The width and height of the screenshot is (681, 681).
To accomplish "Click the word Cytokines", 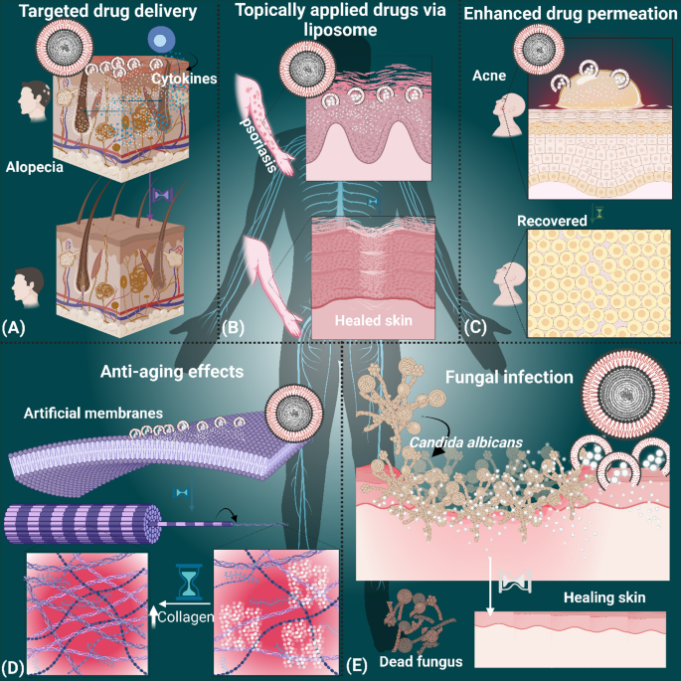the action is point(184,79).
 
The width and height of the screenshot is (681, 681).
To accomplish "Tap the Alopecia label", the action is point(35,167).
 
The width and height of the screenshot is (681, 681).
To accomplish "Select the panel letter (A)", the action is point(13,327).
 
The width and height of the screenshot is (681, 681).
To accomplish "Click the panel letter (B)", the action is point(234,327).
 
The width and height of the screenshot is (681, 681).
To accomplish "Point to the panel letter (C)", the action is point(475,327).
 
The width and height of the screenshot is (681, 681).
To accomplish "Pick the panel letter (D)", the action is point(13,667).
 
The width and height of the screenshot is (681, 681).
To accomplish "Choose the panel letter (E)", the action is point(357,665).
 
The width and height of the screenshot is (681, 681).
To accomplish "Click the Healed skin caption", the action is point(374,320).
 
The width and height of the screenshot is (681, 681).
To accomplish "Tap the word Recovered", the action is point(552,221).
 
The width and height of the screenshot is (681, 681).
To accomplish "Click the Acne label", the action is point(489,76).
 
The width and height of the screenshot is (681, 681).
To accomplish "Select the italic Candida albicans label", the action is point(466,442).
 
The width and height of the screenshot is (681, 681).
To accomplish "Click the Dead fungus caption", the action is point(421,661).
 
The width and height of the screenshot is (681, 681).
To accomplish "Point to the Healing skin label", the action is point(604,597).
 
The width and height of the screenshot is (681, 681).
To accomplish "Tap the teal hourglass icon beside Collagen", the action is point(189,582).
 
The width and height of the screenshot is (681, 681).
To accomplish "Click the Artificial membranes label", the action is point(93,413).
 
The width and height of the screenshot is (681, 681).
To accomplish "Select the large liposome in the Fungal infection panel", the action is point(625,395).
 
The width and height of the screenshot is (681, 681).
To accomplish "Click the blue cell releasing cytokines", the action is point(161,41).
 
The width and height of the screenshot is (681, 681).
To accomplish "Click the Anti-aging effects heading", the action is point(172,372).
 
